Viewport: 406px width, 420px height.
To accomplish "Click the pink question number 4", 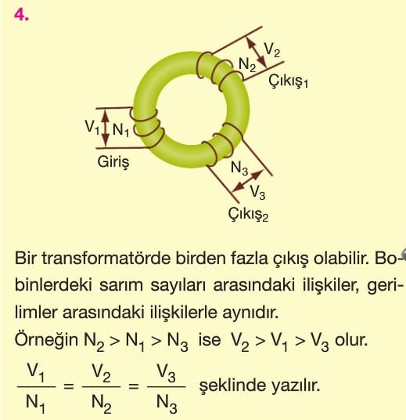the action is (21, 15).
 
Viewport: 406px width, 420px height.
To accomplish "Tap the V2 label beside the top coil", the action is (272, 50).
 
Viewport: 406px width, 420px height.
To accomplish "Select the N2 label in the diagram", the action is (247, 65).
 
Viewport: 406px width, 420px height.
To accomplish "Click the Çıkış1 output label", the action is (288, 80).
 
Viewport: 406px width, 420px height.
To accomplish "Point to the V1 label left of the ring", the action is (92, 127).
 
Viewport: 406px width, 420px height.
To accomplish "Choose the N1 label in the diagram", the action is (121, 130).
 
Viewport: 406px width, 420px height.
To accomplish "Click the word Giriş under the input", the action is (113, 161).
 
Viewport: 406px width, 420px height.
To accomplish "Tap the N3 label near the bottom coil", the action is (239, 168).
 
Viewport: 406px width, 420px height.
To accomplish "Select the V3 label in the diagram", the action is (257, 192).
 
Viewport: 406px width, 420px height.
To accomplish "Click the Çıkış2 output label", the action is (248, 214).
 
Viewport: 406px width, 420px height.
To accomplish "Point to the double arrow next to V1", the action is (106, 128).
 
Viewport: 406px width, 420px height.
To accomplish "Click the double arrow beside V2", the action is (257, 52).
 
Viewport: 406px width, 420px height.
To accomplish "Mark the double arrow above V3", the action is (247, 181).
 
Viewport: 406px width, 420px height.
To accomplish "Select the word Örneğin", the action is (46, 340).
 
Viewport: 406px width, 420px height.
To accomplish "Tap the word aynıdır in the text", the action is (250, 313).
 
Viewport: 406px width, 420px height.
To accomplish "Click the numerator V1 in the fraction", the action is (36, 372).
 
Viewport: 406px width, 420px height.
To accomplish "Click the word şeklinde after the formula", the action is (232, 386).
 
